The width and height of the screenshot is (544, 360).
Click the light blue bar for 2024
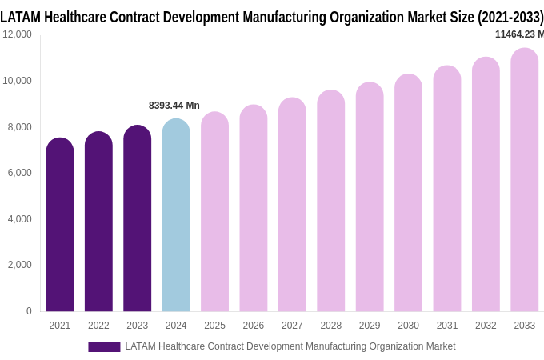pos(176,216)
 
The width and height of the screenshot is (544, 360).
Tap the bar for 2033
pos(525,181)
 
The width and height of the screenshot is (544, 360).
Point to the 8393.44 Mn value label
pos(174,106)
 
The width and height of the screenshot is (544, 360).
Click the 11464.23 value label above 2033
pos(518,34)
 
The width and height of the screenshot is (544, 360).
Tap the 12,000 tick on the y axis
pos(17,34)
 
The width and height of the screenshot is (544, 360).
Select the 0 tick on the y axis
pos(29,311)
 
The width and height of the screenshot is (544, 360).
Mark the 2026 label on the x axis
pos(254,326)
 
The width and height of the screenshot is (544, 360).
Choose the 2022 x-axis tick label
pos(98,326)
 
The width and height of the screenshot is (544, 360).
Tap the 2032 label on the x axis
pos(486,326)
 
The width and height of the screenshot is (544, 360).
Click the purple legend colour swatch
pos(104,347)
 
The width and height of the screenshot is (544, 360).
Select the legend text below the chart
pos(290,346)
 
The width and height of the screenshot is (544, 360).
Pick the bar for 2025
pos(215,213)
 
